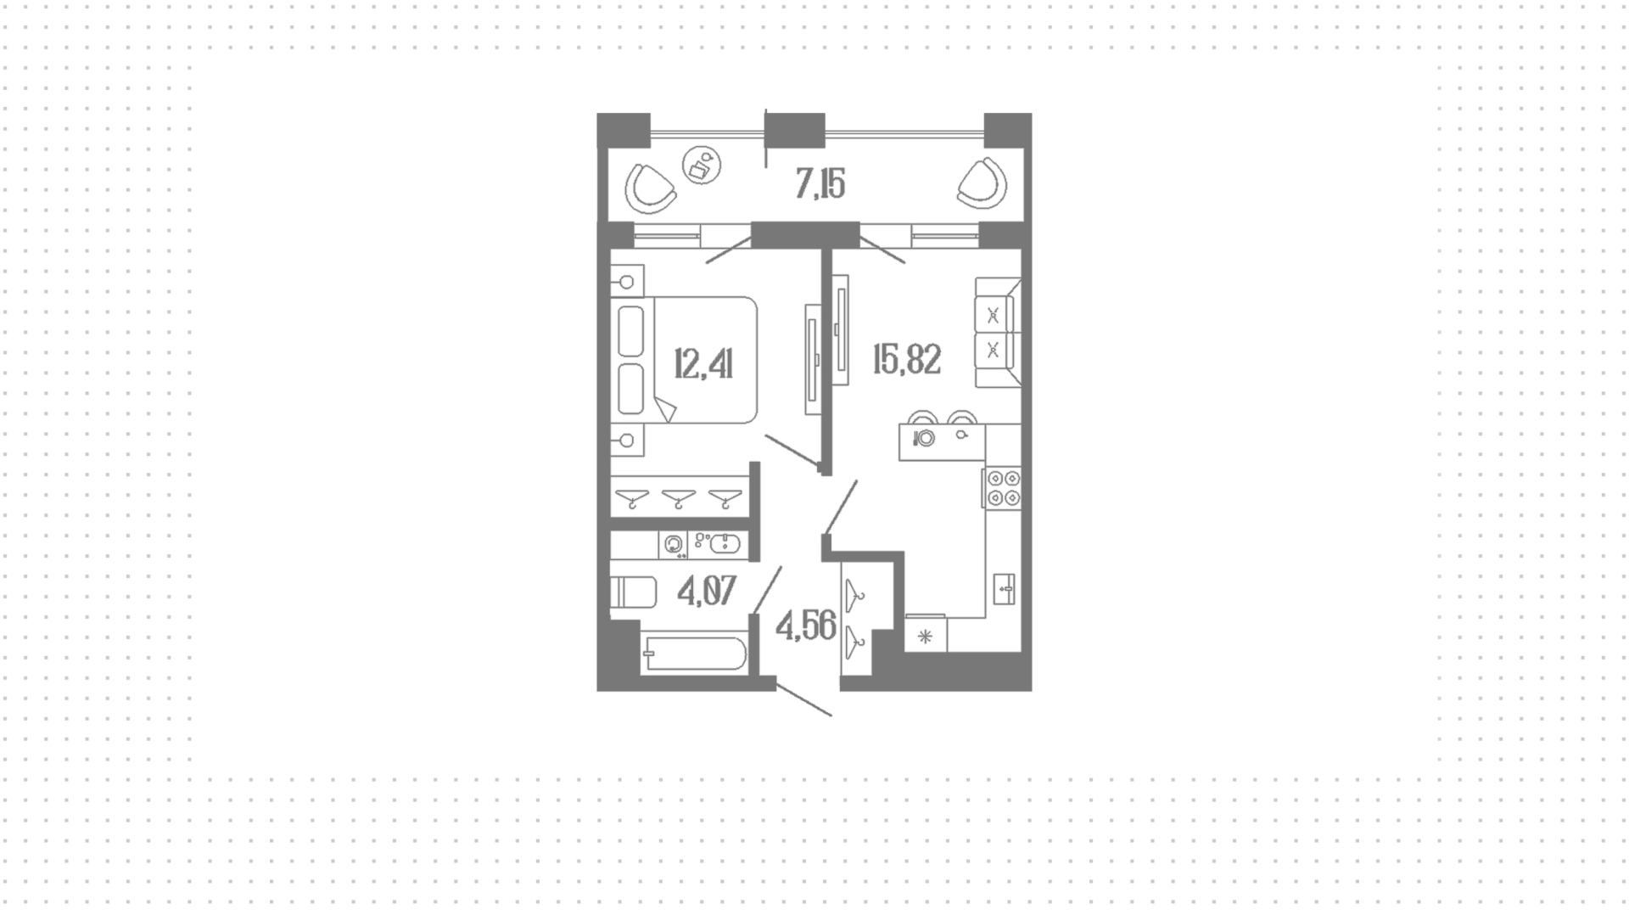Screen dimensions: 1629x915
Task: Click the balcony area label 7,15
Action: click(x=820, y=183)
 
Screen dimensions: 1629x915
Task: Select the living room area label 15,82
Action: click(x=907, y=360)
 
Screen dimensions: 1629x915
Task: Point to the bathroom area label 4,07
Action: click(x=707, y=590)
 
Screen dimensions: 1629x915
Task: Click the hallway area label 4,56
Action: click(x=806, y=626)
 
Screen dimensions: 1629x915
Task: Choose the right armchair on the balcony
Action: click(x=982, y=183)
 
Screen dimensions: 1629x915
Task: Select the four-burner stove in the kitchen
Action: click(x=1002, y=489)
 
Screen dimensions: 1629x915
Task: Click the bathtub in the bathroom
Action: click(x=693, y=654)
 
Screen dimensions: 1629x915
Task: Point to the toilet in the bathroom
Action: click(x=633, y=592)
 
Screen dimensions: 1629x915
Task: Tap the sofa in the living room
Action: click(x=998, y=332)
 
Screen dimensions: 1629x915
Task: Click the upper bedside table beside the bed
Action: click(x=627, y=281)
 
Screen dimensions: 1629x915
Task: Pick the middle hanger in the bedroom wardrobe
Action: click(x=679, y=498)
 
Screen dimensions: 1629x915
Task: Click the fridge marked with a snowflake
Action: click(x=925, y=633)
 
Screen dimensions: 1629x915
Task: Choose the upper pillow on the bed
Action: click(x=631, y=331)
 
